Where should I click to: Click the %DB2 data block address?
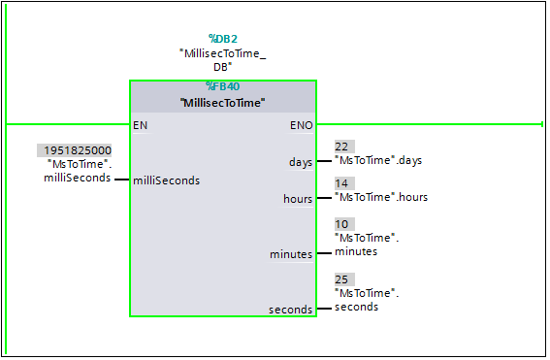point(222,39)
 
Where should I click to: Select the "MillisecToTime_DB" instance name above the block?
point(222,60)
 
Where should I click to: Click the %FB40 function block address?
point(222,86)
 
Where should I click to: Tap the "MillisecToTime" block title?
point(222,102)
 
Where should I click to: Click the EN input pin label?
point(141,125)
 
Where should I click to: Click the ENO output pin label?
point(301,125)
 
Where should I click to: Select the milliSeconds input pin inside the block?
point(167,180)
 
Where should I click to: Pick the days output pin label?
point(301,162)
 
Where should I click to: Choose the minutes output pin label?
point(291,254)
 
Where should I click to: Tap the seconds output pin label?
point(291,310)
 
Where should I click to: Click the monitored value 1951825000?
point(77,150)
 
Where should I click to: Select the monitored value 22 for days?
point(341,147)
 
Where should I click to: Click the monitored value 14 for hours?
point(341,183)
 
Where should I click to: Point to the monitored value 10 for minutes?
point(341,224)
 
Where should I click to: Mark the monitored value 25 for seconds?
point(341,279)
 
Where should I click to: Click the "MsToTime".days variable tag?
point(378,160)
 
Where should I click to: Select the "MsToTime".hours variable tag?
point(380,197)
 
